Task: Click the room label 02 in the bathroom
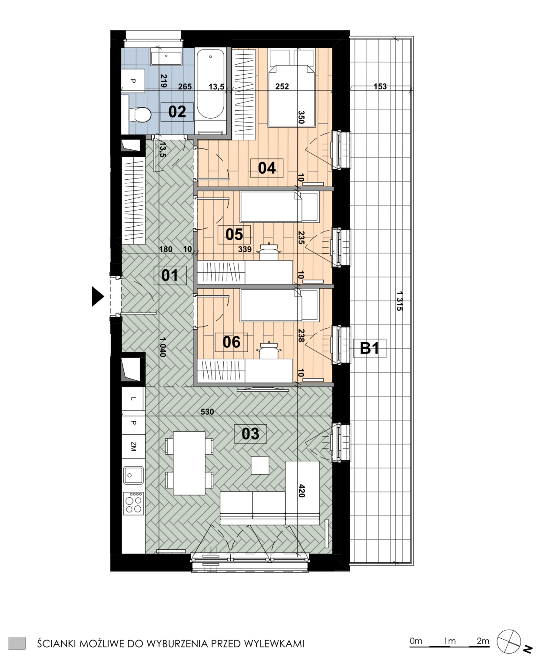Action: tap(177, 112)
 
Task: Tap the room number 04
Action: tap(267, 168)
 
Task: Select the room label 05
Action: tap(234, 234)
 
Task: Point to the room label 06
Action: tap(231, 342)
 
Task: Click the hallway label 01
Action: tap(170, 275)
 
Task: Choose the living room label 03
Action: tap(250, 434)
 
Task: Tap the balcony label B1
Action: tap(369, 349)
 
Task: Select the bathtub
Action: tap(210, 91)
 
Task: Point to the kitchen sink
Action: tap(133, 475)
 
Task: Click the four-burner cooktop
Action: tap(133, 502)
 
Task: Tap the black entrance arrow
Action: tap(98, 297)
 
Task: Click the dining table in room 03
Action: tap(189, 463)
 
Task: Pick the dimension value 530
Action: tap(207, 412)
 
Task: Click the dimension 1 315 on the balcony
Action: tap(399, 301)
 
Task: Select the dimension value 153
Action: tap(380, 86)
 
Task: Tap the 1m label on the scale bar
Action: tap(450, 641)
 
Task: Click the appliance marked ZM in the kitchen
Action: tap(133, 446)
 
